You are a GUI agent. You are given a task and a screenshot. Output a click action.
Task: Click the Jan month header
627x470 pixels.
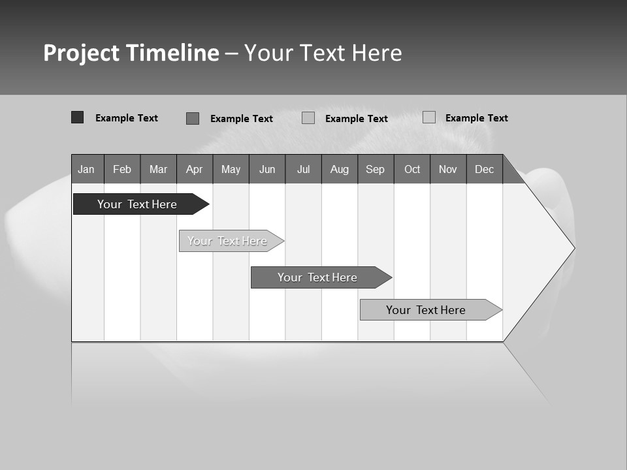pyautogui.click(x=86, y=169)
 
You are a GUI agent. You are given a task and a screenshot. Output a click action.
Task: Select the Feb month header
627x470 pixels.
pyautogui.click(x=122, y=169)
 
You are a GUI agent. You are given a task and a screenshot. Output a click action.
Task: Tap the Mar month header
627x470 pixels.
pyautogui.click(x=158, y=169)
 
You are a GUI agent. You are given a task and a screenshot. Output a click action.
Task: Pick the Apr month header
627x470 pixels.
pyautogui.click(x=194, y=169)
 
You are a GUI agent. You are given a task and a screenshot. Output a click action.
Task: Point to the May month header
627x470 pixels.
pyautogui.click(x=231, y=169)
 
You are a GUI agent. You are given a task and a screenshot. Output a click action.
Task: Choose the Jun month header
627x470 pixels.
pyautogui.click(x=267, y=169)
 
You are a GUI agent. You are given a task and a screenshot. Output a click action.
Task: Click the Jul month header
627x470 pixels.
pyautogui.click(x=303, y=169)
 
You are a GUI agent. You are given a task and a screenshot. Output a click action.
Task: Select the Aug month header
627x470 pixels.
pyautogui.click(x=340, y=169)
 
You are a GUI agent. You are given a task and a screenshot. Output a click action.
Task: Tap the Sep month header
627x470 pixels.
pyautogui.click(x=376, y=169)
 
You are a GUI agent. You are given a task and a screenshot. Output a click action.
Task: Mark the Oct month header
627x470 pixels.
pyautogui.click(x=412, y=169)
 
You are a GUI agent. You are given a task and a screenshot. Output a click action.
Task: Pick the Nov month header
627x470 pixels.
pyautogui.click(x=448, y=169)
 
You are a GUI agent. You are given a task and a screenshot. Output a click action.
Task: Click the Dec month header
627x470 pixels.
pyautogui.click(x=485, y=169)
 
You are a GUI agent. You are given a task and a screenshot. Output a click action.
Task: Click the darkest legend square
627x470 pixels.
pyautogui.click(x=77, y=117)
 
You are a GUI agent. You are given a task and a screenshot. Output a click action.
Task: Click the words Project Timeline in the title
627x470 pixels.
pyautogui.click(x=131, y=53)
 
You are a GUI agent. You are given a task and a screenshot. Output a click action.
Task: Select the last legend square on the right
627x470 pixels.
pyautogui.click(x=428, y=117)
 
